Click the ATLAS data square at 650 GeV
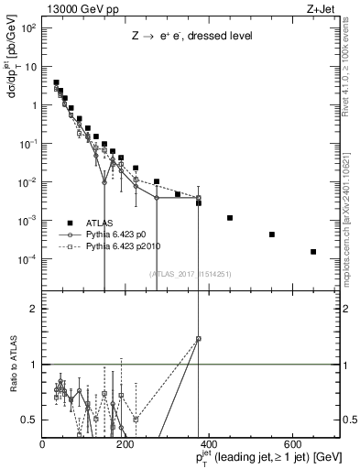click(x=313, y=252)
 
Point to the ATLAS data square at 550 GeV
click(x=272, y=234)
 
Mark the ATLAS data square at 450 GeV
click(x=230, y=218)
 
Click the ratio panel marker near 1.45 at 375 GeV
click(x=199, y=339)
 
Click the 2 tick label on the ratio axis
click(x=34, y=309)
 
